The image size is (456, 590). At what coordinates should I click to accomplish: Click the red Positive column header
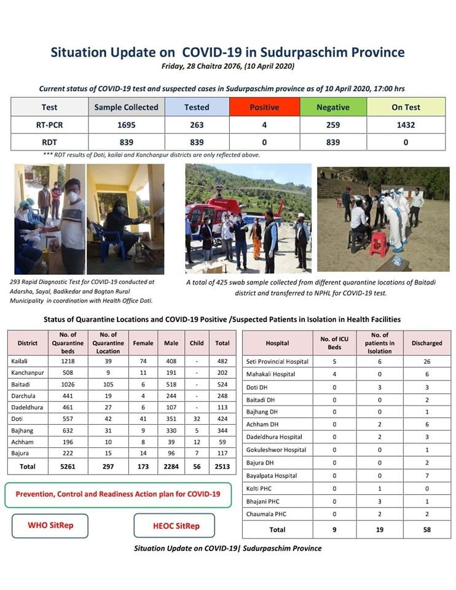(x=264, y=107)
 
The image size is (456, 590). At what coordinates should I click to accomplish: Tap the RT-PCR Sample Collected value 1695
(x=126, y=125)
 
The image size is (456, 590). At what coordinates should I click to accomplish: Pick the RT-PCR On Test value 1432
(x=406, y=125)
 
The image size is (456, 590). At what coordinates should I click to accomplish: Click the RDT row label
(x=50, y=142)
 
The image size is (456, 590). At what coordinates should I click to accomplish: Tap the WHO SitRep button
(x=50, y=525)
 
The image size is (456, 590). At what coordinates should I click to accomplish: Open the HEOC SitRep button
(x=175, y=525)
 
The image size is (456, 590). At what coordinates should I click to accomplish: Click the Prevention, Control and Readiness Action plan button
(x=117, y=494)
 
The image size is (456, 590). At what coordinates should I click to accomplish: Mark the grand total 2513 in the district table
(x=222, y=466)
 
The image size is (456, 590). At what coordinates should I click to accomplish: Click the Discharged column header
(x=427, y=343)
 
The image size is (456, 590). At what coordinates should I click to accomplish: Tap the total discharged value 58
(x=427, y=529)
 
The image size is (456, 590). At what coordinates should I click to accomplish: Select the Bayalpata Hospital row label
(x=272, y=476)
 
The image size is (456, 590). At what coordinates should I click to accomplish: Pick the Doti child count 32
(x=196, y=420)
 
